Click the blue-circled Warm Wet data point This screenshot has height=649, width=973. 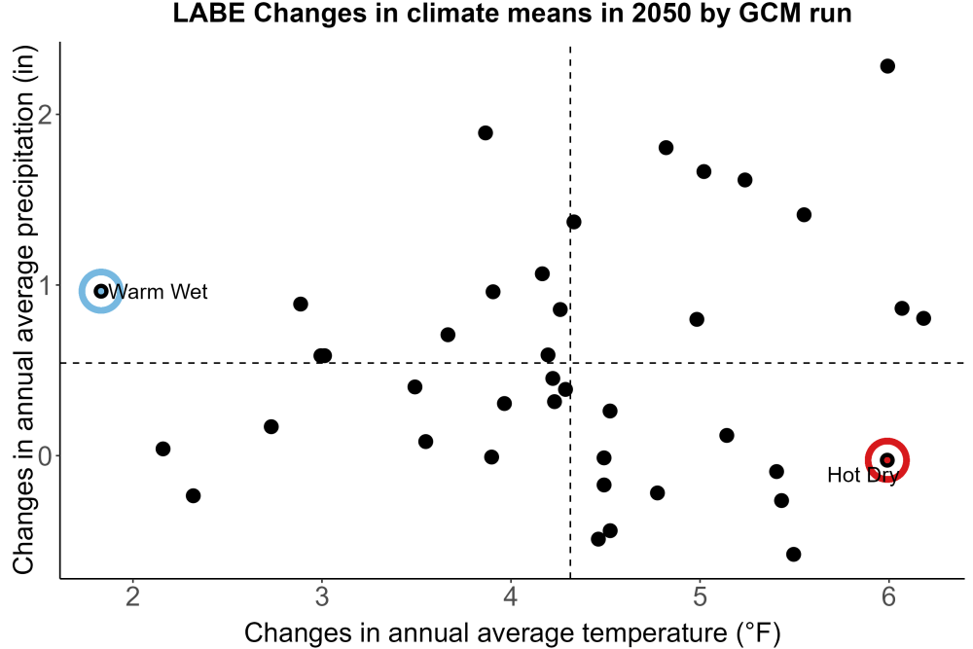point(101,291)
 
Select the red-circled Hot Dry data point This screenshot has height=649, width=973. point(887,460)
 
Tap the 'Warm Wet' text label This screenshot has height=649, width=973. point(159,292)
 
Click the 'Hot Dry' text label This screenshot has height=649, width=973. point(863,475)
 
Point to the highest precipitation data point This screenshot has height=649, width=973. point(887,66)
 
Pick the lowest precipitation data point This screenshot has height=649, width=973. point(793,554)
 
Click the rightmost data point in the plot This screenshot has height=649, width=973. point(923,318)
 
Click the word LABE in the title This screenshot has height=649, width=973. point(210,13)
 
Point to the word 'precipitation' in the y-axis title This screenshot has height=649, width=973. point(25,163)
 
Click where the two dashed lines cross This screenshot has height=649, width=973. point(570,362)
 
